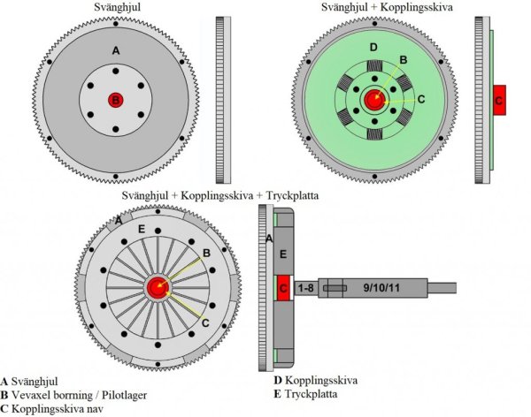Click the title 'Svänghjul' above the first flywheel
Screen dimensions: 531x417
pyautogui.click(x=117, y=7)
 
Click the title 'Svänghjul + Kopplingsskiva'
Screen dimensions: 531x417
pyautogui.click(x=387, y=7)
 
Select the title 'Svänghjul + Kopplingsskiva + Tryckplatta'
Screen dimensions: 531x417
pyautogui.click(x=220, y=195)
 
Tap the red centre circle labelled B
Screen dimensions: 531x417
pyautogui.click(x=116, y=100)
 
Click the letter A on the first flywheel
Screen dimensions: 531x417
pyautogui.click(x=116, y=50)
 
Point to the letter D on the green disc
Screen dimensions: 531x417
pyautogui.click(x=373, y=48)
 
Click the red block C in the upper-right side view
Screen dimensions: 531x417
pyautogui.click(x=499, y=100)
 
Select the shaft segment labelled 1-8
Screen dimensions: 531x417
pyautogui.click(x=306, y=288)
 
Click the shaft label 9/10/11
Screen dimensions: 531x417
pyautogui.click(x=381, y=288)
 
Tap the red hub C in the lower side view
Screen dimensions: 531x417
pyautogui.click(x=284, y=288)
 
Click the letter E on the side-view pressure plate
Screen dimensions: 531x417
pyautogui.click(x=283, y=254)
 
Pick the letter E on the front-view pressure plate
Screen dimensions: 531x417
pyautogui.click(x=142, y=230)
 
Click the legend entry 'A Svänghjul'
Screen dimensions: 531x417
pyautogui.click(x=29, y=382)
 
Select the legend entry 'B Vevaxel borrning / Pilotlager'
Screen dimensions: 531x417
pyautogui.click(x=73, y=396)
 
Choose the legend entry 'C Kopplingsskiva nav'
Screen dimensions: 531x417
pyautogui.click(x=52, y=409)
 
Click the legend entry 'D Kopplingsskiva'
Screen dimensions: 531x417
pyautogui.click(x=316, y=381)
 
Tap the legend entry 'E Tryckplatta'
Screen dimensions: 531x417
pyautogui.click(x=306, y=394)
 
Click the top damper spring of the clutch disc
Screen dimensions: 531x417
pyautogui.click(x=374, y=66)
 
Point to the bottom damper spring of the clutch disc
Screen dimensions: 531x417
pyautogui.click(x=374, y=134)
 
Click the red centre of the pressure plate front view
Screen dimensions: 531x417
pyautogui.click(x=158, y=288)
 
